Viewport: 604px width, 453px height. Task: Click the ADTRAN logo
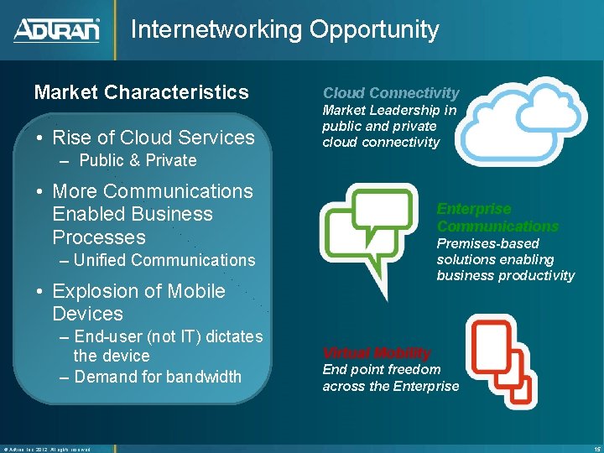[57, 30]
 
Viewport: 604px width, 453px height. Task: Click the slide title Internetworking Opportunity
[284, 29]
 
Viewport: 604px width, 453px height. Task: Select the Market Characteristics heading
[141, 92]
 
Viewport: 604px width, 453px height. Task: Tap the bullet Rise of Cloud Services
[153, 137]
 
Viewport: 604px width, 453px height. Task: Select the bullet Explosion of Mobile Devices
[138, 302]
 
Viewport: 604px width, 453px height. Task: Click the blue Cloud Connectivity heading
[391, 93]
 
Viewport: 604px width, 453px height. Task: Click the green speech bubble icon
[369, 231]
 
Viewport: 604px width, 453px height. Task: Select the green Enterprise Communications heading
[497, 217]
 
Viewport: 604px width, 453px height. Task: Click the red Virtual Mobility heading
[377, 352]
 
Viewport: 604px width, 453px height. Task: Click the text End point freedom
[382, 369]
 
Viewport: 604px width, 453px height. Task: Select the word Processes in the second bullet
[98, 237]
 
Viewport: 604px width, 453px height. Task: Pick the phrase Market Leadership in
[389, 110]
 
